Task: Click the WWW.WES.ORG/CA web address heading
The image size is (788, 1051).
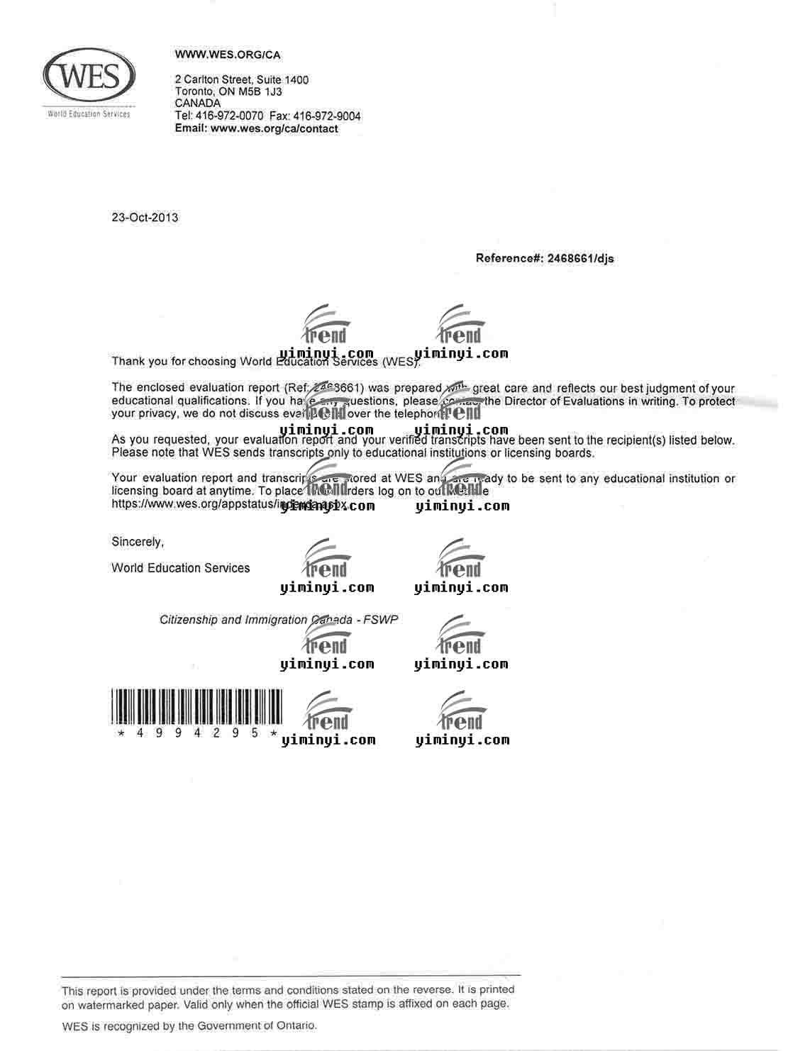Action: click(228, 55)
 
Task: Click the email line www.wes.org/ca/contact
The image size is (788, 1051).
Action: click(274, 128)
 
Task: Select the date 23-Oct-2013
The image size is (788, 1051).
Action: click(145, 218)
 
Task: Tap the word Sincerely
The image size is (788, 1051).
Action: click(137, 542)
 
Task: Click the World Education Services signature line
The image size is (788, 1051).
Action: click(180, 568)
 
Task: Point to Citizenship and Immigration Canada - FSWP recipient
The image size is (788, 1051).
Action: click(278, 620)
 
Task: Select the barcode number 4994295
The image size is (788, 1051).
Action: click(196, 733)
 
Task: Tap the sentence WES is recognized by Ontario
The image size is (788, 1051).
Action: click(189, 1025)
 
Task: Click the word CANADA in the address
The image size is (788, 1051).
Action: click(197, 103)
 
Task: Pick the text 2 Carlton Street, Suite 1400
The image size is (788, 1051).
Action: click(241, 79)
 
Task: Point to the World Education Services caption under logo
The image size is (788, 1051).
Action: click(89, 114)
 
